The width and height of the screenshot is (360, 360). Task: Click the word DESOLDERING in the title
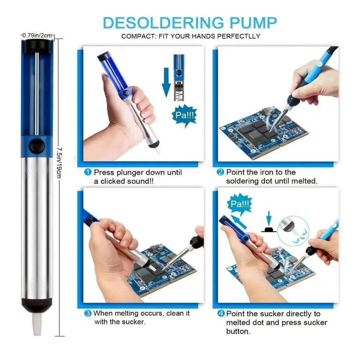point(163,23)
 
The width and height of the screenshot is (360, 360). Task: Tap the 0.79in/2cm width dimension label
point(37,35)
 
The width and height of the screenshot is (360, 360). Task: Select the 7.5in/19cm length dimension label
point(59,162)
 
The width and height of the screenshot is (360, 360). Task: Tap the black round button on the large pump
point(37,146)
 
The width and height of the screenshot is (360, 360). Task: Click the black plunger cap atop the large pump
point(37,46)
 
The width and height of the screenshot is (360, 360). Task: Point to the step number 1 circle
point(88,172)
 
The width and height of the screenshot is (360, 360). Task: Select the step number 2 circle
point(220,172)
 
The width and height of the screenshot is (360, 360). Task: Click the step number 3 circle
point(88,313)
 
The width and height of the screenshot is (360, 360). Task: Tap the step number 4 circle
point(221,313)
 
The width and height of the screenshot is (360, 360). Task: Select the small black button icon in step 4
point(269,230)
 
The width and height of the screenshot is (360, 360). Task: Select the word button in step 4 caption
point(238,331)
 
